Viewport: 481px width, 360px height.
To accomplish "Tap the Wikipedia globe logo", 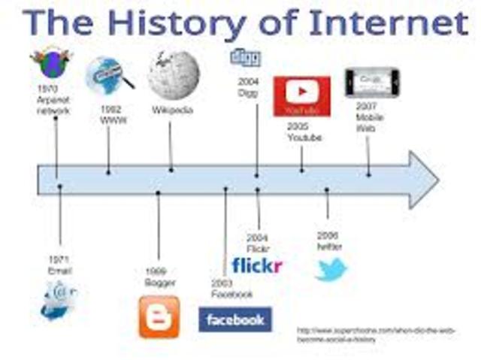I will (174, 74).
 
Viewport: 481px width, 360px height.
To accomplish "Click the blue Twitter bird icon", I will (331, 269).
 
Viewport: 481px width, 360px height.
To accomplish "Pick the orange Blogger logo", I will (159, 316).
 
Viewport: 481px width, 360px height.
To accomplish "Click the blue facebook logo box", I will (234, 319).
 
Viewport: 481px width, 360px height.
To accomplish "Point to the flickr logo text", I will (257, 265).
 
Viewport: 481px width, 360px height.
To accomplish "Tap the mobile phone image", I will (372, 83).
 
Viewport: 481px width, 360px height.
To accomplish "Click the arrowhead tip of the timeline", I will (436, 179).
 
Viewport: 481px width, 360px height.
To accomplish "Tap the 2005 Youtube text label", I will (304, 132).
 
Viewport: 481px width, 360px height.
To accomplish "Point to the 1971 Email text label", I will (59, 264).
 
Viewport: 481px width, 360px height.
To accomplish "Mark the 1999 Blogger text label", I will (159, 277).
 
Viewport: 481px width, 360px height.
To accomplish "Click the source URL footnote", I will (376, 334).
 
